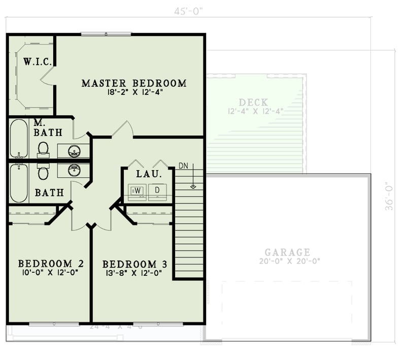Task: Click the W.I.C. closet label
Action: (x=37, y=62)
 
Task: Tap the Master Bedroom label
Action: (x=134, y=83)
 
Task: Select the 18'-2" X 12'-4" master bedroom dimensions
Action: (x=134, y=92)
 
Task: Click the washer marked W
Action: (x=137, y=190)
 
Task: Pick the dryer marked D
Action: (x=157, y=190)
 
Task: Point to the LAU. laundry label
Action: (x=149, y=174)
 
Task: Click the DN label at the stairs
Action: (x=184, y=167)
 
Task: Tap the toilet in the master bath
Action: (x=43, y=149)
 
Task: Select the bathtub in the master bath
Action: (x=19, y=138)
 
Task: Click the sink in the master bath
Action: (x=74, y=151)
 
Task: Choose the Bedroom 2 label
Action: (x=51, y=264)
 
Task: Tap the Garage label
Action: (x=287, y=252)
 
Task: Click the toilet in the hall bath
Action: (x=43, y=173)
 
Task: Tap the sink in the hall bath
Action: (x=74, y=169)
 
